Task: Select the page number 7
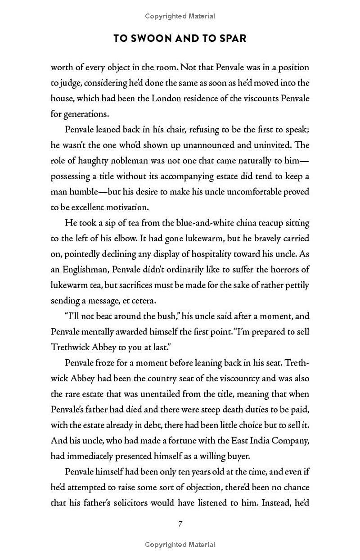click(x=180, y=524)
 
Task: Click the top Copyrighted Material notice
click(x=180, y=16)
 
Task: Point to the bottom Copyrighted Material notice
click(x=180, y=545)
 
